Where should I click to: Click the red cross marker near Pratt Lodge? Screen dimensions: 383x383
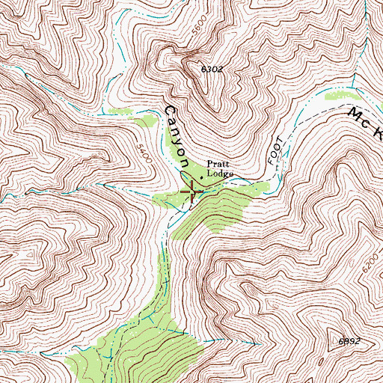click(x=192, y=191)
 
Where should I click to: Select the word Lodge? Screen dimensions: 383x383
click(x=221, y=174)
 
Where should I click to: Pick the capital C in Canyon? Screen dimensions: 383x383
click(x=168, y=112)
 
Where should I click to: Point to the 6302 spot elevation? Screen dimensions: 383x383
click(x=212, y=69)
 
